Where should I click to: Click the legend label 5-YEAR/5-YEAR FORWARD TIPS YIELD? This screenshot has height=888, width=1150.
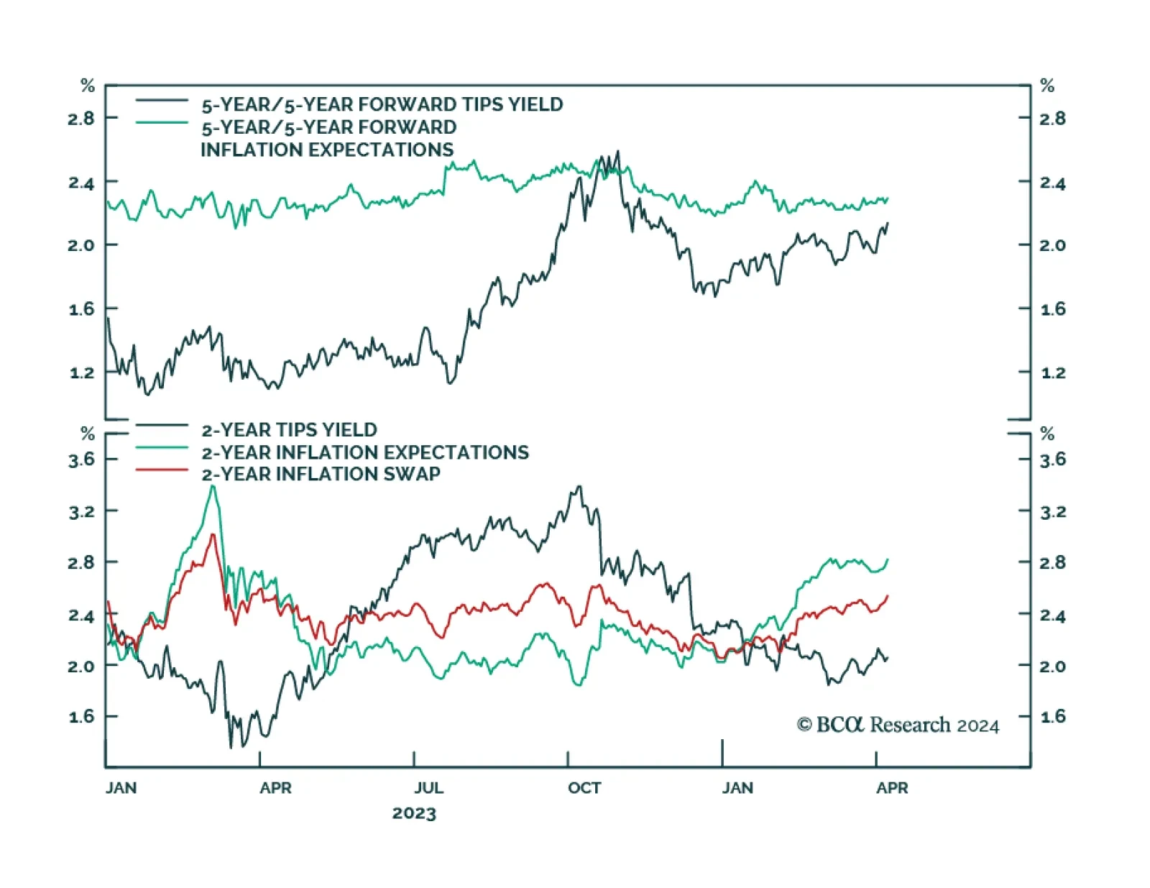[x=382, y=105]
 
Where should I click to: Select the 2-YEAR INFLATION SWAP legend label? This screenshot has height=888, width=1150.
[x=321, y=475]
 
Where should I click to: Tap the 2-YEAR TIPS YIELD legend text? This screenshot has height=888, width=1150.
[x=289, y=430]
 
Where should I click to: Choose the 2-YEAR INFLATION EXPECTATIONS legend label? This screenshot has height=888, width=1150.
[x=365, y=452]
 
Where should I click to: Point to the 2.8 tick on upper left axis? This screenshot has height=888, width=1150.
[x=81, y=119]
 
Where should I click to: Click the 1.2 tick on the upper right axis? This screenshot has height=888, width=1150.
[x=1053, y=373]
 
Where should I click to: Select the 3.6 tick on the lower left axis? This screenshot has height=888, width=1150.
[x=81, y=459]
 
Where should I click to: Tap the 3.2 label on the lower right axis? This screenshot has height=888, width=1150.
[x=1053, y=512]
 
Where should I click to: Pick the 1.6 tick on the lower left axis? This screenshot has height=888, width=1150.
[x=81, y=717]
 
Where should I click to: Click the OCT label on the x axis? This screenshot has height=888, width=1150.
[x=584, y=788]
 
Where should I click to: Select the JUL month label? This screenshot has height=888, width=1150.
[x=428, y=788]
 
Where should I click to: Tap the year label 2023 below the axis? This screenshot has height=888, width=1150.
[x=414, y=813]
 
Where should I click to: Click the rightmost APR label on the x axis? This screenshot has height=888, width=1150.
[x=892, y=788]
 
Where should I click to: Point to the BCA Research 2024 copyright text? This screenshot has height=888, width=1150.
[x=898, y=725]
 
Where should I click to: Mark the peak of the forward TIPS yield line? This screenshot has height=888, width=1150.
[x=617, y=152]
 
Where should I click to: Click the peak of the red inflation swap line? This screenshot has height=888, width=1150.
[x=212, y=534]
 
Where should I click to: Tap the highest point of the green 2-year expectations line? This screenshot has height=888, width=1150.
[x=213, y=486]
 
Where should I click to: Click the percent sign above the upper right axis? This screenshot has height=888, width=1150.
[x=1047, y=86]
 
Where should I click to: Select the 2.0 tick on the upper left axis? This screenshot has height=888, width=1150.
[x=81, y=245]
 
